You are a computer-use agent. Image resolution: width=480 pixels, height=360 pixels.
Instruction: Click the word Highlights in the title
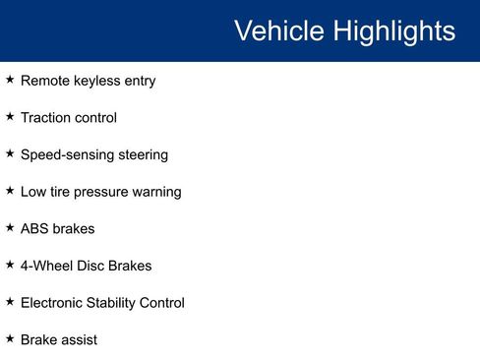[x=392, y=30]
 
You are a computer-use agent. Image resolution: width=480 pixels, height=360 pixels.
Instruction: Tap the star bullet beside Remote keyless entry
[x=10, y=80]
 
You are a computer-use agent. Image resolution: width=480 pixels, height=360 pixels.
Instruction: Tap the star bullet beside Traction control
[x=10, y=116]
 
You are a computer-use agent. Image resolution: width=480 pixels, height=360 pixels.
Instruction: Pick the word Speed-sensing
[x=66, y=155]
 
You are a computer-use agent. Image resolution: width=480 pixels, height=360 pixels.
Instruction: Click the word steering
[x=142, y=155]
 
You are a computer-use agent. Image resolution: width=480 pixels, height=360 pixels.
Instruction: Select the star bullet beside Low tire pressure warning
[x=10, y=190]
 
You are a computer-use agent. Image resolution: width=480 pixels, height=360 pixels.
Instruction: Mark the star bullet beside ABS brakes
[x=10, y=227]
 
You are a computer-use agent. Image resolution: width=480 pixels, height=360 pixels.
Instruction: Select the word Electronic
[x=53, y=303]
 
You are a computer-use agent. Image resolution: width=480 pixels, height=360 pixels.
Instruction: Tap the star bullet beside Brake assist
[x=10, y=338]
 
